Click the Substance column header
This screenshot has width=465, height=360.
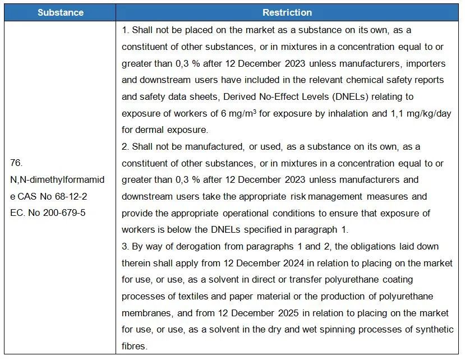click(x=61, y=12)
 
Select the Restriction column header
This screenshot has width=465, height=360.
click(x=287, y=12)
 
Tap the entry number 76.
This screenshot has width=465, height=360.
click(x=17, y=163)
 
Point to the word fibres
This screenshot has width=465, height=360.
click(x=133, y=346)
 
